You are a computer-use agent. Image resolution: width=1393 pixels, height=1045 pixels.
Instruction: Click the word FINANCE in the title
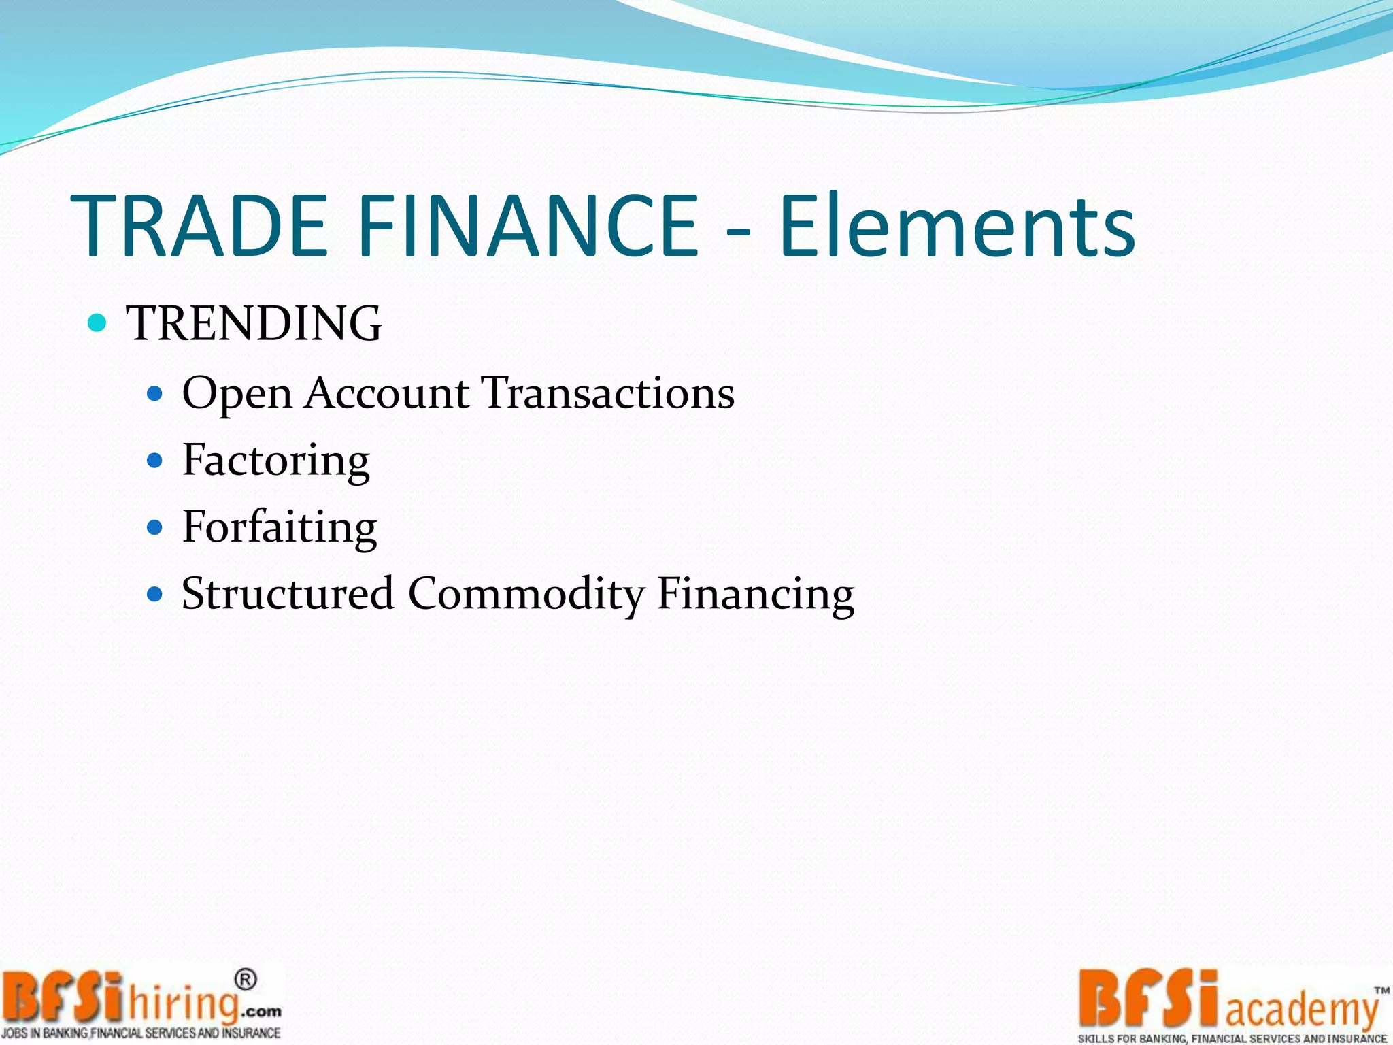[527, 227]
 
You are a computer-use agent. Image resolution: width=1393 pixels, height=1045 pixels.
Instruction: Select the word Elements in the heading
[957, 227]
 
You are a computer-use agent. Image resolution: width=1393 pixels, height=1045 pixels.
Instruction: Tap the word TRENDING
[254, 323]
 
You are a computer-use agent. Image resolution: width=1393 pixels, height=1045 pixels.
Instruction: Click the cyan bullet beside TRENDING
[98, 322]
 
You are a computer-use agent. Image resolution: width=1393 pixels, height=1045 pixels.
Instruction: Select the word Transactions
[608, 393]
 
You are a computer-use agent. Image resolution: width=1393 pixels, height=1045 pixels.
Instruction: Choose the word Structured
[288, 593]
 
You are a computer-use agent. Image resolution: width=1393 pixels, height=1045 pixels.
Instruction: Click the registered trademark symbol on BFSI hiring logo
[246, 980]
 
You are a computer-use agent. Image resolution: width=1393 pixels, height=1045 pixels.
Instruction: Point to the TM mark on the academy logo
[1381, 991]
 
